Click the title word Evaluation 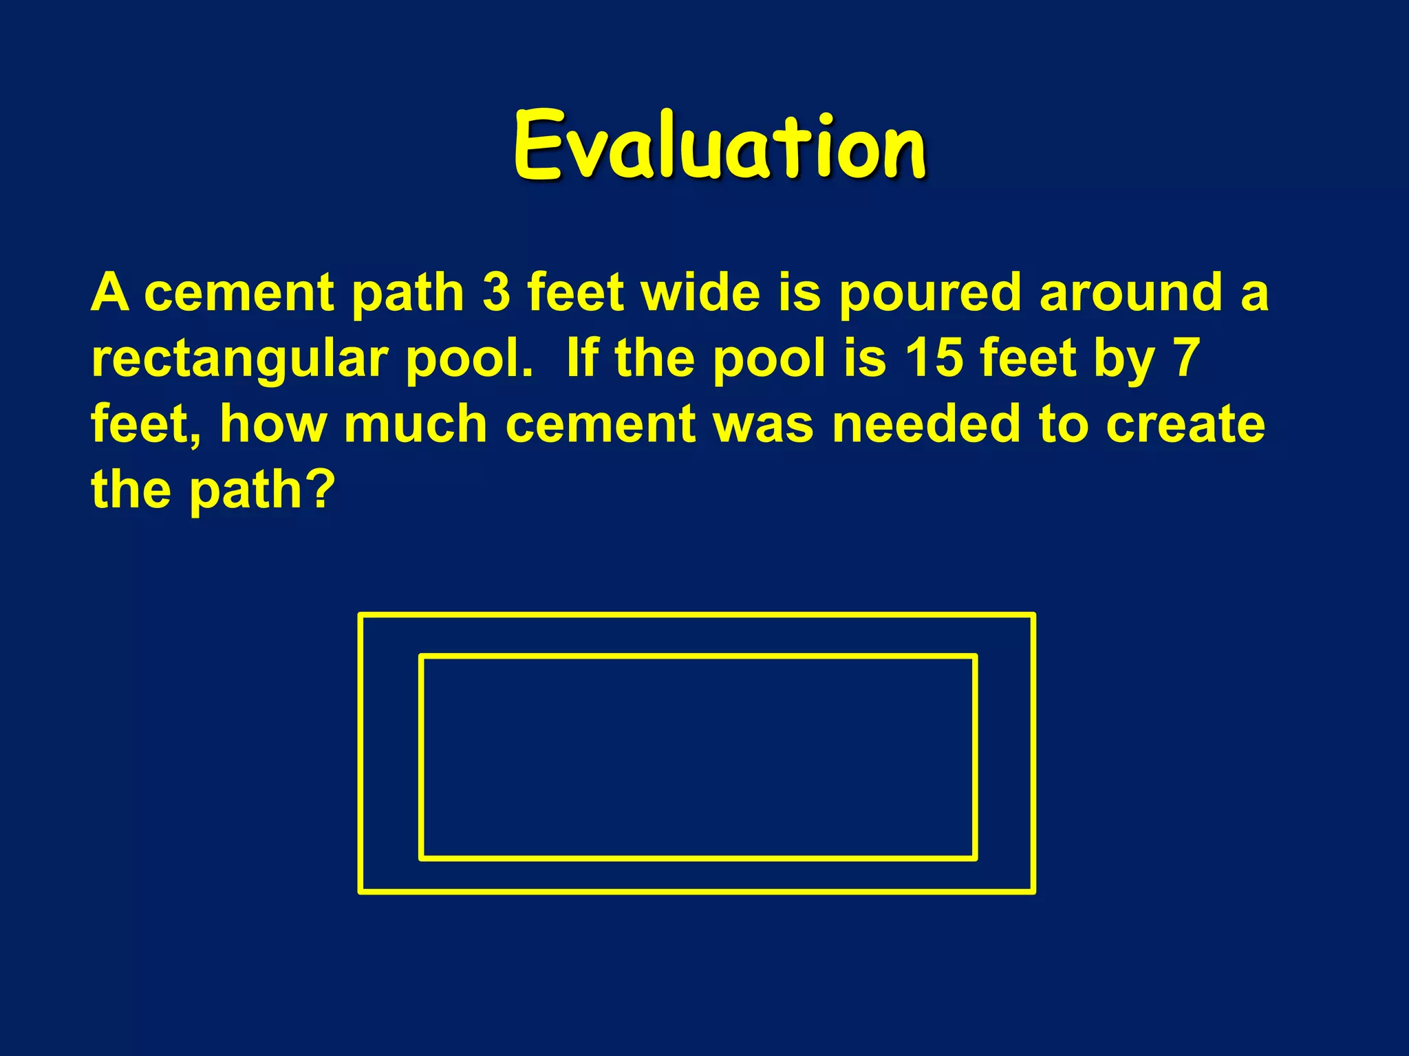click(x=720, y=146)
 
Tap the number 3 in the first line click(x=496, y=292)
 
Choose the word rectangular click(x=240, y=360)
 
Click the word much click(x=416, y=423)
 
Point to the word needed click(x=926, y=423)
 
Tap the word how click(x=273, y=423)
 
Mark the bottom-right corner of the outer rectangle click(x=1033, y=891)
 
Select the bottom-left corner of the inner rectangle click(x=422, y=858)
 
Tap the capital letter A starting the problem click(x=110, y=292)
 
